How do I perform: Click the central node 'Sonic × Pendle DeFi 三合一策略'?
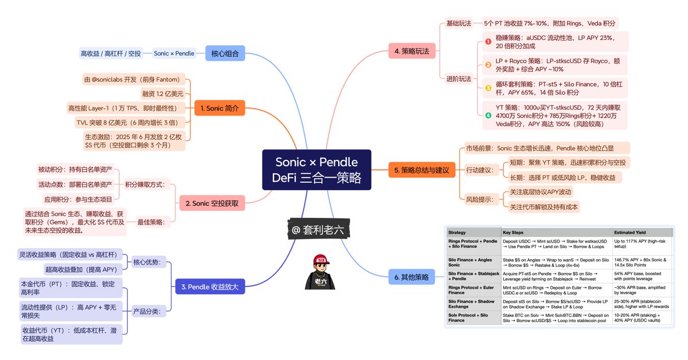pyautogui.click(x=316, y=170)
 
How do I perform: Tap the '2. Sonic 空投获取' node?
pyautogui.click(x=211, y=204)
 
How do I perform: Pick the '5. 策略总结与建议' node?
pyautogui.click(x=421, y=170)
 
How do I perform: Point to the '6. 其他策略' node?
pyautogui.click(x=412, y=277)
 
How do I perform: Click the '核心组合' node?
pyautogui.click(x=225, y=54)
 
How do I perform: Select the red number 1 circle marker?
pyautogui.click(x=488, y=41)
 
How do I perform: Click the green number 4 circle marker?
pyautogui.click(x=488, y=115)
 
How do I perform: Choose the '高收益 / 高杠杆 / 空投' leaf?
pyautogui.click(x=111, y=54)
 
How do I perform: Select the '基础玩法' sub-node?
pyautogui.click(x=459, y=24)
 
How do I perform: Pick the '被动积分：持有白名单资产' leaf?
pyautogui.click(x=75, y=170)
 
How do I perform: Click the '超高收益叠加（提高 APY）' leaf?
pyautogui.click(x=83, y=269)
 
